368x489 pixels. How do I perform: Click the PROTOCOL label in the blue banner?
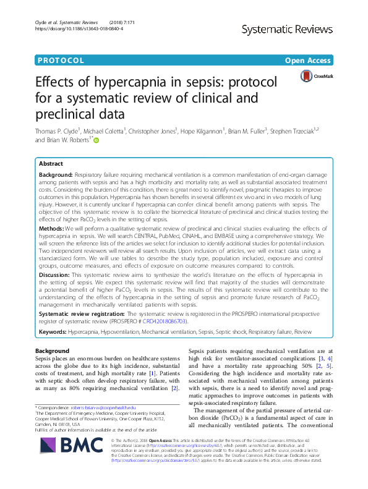click(61, 61)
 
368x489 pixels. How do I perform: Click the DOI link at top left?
click(70, 28)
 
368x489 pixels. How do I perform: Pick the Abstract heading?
click(51, 164)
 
